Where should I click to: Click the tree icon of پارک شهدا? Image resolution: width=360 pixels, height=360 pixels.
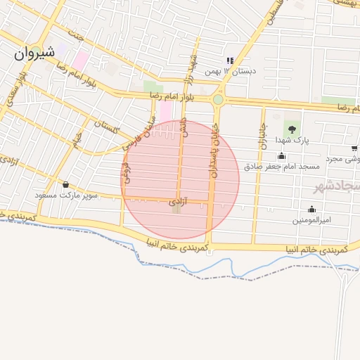pyautogui.click(x=290, y=128)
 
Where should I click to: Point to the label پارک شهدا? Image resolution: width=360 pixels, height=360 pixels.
pyautogui.click(x=294, y=141)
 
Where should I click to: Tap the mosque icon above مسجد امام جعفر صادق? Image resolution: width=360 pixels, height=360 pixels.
pyautogui.click(x=282, y=155)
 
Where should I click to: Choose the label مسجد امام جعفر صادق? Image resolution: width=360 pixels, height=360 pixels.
pyautogui.click(x=282, y=167)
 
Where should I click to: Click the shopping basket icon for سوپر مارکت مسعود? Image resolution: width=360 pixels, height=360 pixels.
pyautogui.click(x=65, y=184)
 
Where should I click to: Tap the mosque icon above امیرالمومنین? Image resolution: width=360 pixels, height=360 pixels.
pyautogui.click(x=311, y=209)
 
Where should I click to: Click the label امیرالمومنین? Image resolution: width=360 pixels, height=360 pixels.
pyautogui.click(x=311, y=220)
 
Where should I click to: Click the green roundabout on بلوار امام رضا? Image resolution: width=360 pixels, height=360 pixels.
pyautogui.click(x=218, y=100)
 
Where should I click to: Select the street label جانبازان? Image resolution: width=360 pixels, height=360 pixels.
pyautogui.click(x=259, y=134)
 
